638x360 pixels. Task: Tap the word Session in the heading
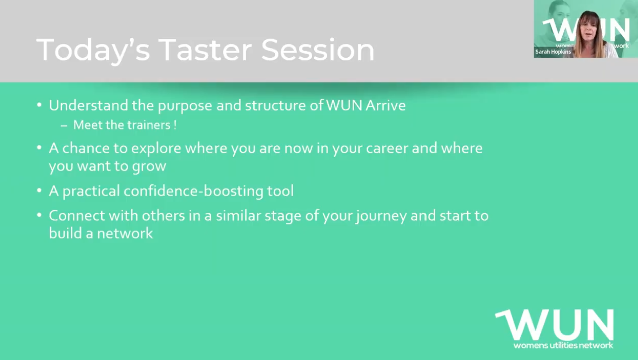pyautogui.click(x=318, y=50)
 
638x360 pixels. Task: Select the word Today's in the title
pyautogui.click(x=93, y=51)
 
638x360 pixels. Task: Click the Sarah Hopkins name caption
pyautogui.click(x=553, y=52)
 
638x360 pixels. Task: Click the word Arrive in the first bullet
pyautogui.click(x=385, y=105)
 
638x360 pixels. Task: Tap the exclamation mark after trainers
pyautogui.click(x=175, y=125)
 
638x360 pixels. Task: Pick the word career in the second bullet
pyautogui.click(x=387, y=148)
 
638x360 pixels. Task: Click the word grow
pyautogui.click(x=149, y=166)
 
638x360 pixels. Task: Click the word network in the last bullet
pyautogui.click(x=125, y=233)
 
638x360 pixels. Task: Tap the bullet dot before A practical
pyautogui.click(x=39, y=190)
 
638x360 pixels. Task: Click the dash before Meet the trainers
pyautogui.click(x=64, y=126)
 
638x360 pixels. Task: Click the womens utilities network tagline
pyautogui.click(x=563, y=346)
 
